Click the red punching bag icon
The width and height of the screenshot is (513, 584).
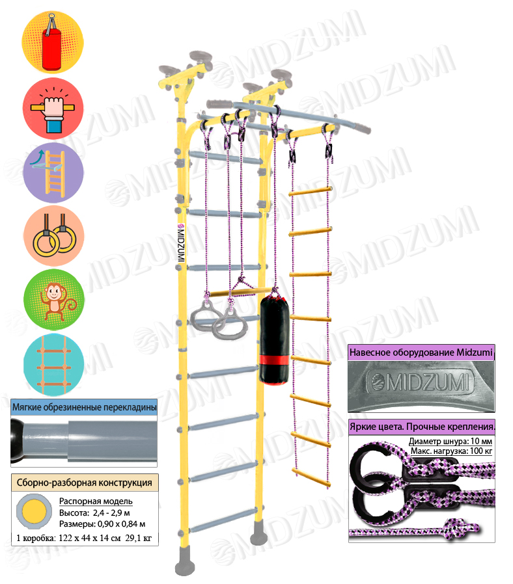(x=53, y=42)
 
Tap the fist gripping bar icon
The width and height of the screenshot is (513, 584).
(x=53, y=109)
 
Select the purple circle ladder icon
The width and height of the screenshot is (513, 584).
(x=53, y=173)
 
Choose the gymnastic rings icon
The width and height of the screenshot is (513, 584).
(x=53, y=236)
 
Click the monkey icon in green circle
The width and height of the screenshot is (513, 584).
(x=54, y=300)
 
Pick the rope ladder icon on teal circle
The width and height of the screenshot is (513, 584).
(x=53, y=365)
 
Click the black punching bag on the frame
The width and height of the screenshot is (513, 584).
(x=274, y=338)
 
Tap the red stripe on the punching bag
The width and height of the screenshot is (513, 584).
(x=274, y=360)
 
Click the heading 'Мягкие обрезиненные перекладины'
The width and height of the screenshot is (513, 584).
(x=84, y=407)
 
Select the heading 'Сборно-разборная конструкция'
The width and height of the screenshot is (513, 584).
(x=85, y=483)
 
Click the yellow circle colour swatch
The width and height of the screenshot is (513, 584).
(x=35, y=511)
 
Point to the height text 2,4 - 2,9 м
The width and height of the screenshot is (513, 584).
(x=111, y=513)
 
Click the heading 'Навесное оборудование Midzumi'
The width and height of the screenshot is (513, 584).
(x=421, y=352)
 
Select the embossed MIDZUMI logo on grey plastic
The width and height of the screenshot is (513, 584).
(x=421, y=383)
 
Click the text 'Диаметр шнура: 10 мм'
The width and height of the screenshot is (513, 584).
(x=451, y=442)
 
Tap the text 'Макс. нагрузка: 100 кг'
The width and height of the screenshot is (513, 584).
(x=452, y=451)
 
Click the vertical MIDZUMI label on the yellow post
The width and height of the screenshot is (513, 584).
(x=181, y=243)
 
